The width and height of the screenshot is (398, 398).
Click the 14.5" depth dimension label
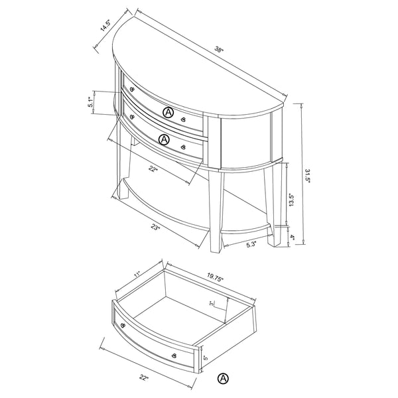pos(106,26)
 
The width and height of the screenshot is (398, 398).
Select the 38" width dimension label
pos(219,48)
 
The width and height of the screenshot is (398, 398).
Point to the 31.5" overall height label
pos(307,176)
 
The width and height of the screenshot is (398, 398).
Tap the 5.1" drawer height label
pos(91,101)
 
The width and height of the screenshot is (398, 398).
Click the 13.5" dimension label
pos(291,200)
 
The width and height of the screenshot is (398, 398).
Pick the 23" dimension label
pos(155,227)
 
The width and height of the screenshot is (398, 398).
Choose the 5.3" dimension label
pos(251,245)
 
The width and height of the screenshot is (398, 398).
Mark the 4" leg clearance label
pos(292,237)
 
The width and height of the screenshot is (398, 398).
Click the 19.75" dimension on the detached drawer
pos(215,277)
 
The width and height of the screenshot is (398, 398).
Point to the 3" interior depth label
pos(211,304)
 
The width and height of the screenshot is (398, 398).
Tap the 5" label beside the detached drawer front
pos(206,358)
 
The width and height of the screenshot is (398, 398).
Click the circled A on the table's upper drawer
pos(168,112)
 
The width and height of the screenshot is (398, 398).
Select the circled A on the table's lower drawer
pos(164,139)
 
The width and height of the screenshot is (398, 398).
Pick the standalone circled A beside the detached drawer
pos(223,379)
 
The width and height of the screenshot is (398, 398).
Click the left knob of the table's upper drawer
pos(132,89)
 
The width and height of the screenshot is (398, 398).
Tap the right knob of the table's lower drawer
pos(183,147)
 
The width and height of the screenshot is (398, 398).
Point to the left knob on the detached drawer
pos(123,326)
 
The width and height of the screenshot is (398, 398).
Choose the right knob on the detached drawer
pos(174,355)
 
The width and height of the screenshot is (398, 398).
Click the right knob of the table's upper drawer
pos(183,119)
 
